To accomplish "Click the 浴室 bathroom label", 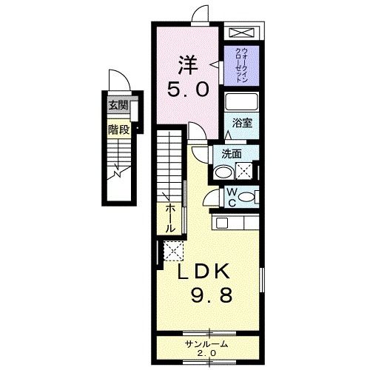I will pyautogui.click(x=243, y=123).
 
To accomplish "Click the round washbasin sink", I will pyautogui.click(x=222, y=172).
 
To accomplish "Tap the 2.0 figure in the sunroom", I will pyautogui.click(x=207, y=354).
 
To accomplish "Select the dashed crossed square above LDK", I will pyautogui.click(x=173, y=250).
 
